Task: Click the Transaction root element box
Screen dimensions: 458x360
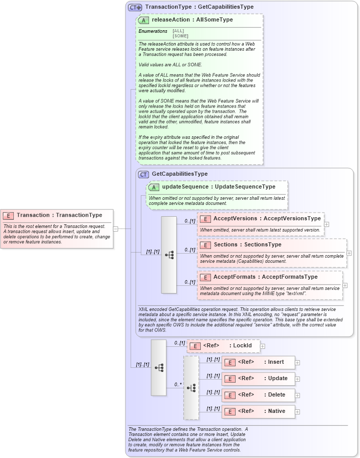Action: (x=57, y=228)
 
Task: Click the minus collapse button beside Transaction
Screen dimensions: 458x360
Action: (x=116, y=228)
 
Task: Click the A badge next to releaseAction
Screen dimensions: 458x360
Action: (x=143, y=20)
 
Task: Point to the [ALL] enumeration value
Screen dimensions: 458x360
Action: (x=178, y=31)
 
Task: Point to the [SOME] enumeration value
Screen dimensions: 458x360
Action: (x=180, y=36)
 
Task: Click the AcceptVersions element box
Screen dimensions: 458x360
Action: (x=261, y=224)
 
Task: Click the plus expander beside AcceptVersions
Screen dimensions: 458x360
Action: (x=327, y=224)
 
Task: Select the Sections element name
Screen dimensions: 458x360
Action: (x=225, y=245)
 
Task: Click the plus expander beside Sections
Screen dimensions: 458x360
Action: (x=349, y=253)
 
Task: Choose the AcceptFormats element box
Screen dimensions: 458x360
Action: (x=269, y=285)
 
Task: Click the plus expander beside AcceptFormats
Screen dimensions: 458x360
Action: (x=345, y=285)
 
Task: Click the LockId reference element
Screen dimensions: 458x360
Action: (x=223, y=346)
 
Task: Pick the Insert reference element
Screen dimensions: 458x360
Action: (x=258, y=362)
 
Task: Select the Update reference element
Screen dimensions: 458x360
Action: (x=258, y=379)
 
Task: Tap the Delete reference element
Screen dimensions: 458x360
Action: (x=258, y=395)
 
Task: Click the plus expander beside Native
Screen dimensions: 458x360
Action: (x=298, y=411)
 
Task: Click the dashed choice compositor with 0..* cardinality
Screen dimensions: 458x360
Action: (x=191, y=388)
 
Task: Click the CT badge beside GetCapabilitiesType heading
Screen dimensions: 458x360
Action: (x=143, y=175)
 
